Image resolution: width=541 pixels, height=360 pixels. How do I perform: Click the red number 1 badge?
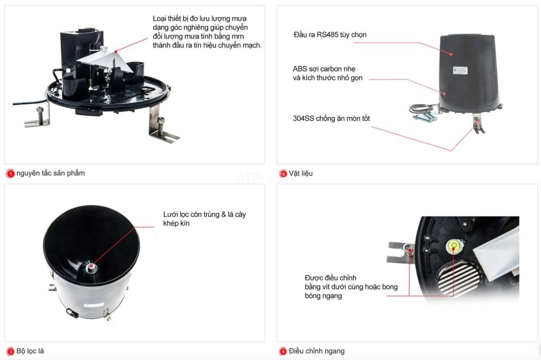point(10,173)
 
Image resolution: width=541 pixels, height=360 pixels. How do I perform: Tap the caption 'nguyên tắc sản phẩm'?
point(51,173)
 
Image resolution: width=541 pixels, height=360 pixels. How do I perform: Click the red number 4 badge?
point(283,352)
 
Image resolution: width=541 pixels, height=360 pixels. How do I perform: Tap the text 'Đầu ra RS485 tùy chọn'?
point(330,35)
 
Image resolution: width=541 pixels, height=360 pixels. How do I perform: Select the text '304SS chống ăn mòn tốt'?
point(331,118)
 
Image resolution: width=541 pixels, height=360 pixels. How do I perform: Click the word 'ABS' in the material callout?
point(300,69)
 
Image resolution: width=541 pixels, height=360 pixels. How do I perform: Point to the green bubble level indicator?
point(453,245)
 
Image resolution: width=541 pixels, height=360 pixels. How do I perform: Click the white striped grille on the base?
point(456,277)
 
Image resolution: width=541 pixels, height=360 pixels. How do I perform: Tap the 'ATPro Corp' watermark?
point(270,178)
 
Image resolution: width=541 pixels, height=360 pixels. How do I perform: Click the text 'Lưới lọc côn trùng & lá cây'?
point(204,214)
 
